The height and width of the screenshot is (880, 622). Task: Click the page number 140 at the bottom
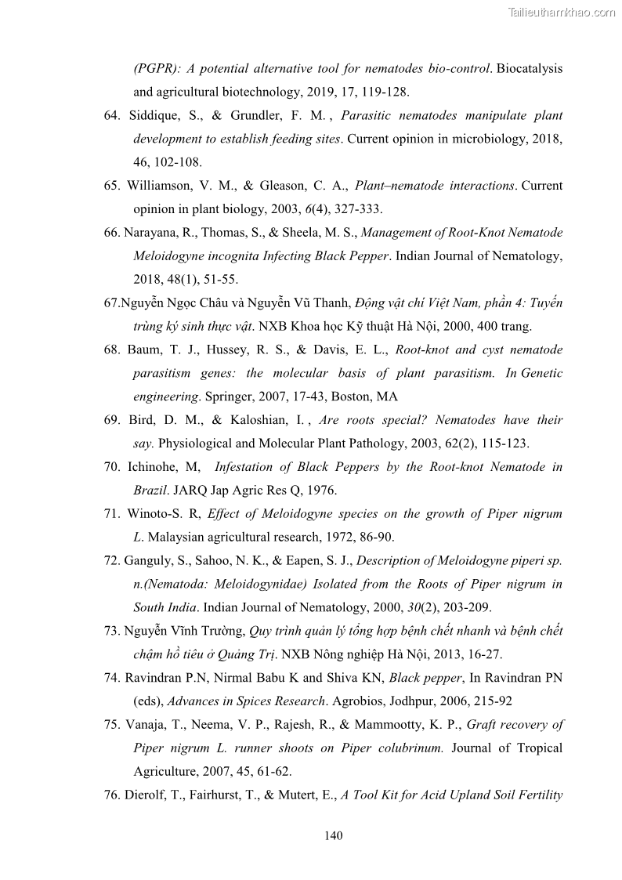coord(334,835)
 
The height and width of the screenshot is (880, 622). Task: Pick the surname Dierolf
coord(146,795)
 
